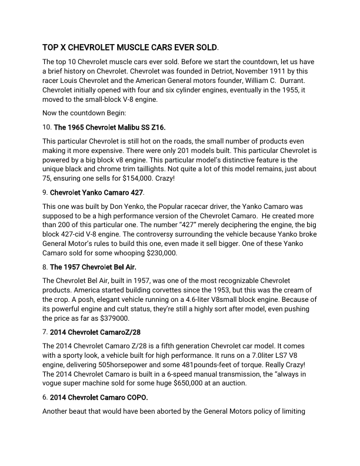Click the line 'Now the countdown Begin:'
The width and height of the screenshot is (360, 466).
click(x=88, y=111)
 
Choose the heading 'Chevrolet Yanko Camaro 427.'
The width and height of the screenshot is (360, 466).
click(x=96, y=192)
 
